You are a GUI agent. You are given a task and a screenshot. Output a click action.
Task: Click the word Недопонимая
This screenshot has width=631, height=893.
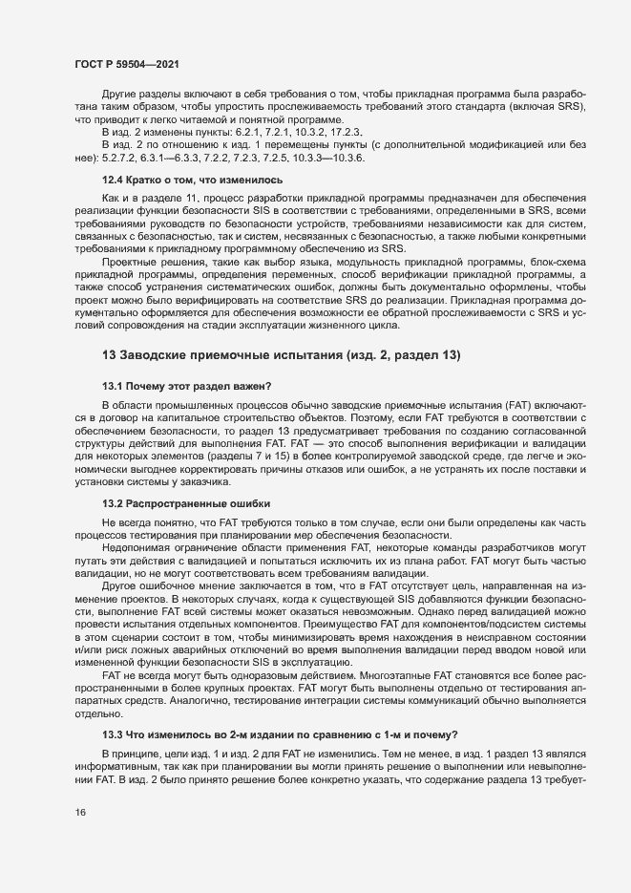(x=135, y=547)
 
